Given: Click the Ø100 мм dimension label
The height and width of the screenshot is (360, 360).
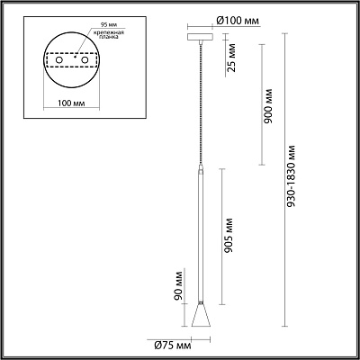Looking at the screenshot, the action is pos(238,21).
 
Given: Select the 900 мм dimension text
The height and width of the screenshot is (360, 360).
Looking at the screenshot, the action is pos(267,106).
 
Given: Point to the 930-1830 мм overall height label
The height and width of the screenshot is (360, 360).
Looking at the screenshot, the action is pos(291,176).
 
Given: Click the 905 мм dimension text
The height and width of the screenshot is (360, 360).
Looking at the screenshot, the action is pos(228,236).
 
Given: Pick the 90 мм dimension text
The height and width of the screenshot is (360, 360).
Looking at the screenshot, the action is pos(178,284).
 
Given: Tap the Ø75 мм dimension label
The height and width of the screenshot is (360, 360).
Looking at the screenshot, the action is pos(173,346).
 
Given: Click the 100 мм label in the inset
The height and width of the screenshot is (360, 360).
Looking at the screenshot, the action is pos(71,103).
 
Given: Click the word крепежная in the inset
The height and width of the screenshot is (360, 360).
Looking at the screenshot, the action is pos(108,32).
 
